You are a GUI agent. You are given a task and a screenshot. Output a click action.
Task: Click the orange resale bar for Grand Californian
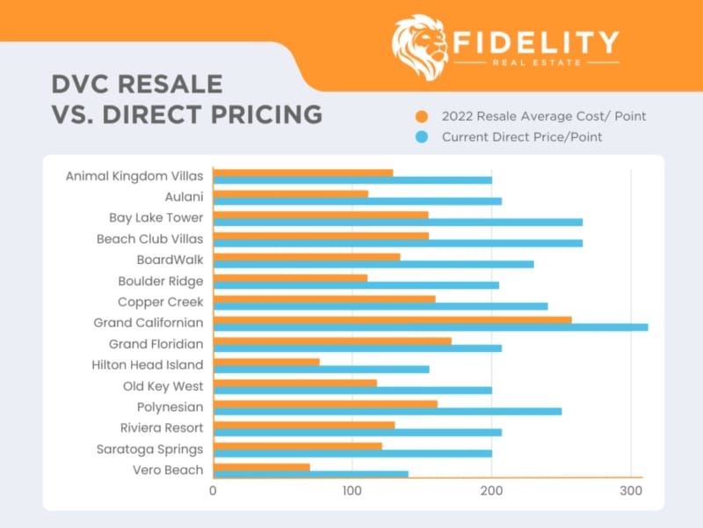(x=392, y=319)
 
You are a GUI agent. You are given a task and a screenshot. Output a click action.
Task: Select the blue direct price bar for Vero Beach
(x=310, y=474)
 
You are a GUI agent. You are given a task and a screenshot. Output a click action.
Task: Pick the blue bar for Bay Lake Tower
(x=397, y=222)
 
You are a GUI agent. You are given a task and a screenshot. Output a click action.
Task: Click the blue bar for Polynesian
(x=387, y=411)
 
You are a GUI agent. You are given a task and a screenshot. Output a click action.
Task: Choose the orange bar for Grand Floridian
(x=332, y=341)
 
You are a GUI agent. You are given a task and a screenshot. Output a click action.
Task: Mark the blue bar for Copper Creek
(x=380, y=306)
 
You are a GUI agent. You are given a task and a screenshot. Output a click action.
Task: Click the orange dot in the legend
(x=423, y=116)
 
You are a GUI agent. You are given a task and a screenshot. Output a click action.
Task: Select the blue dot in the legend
(x=423, y=137)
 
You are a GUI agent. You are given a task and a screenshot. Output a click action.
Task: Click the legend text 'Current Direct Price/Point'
(x=522, y=137)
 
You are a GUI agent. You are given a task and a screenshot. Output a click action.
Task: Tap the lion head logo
(x=418, y=47)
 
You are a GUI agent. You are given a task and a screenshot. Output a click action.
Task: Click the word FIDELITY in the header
(x=536, y=42)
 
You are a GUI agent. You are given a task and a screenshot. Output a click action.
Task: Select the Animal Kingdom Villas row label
(x=134, y=176)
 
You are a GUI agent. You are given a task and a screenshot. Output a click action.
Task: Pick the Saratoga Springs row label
(x=149, y=449)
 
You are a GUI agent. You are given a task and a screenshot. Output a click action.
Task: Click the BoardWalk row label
(x=170, y=260)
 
